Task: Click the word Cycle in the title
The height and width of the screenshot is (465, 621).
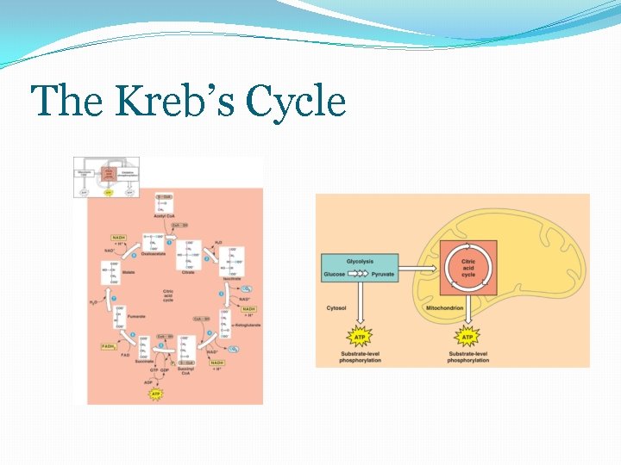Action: coord(295,102)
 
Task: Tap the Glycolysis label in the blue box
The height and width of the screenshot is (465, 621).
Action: coord(359,261)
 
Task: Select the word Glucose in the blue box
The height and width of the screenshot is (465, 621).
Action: coord(335,275)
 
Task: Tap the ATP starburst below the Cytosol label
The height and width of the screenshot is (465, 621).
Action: coord(359,337)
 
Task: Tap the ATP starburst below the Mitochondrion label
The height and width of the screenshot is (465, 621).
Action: coord(467,337)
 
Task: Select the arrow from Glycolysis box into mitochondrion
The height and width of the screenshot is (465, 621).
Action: coord(419,267)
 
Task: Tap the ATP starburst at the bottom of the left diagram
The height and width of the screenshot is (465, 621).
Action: coord(156,394)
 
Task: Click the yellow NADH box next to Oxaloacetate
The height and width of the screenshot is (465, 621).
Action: coord(118,237)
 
